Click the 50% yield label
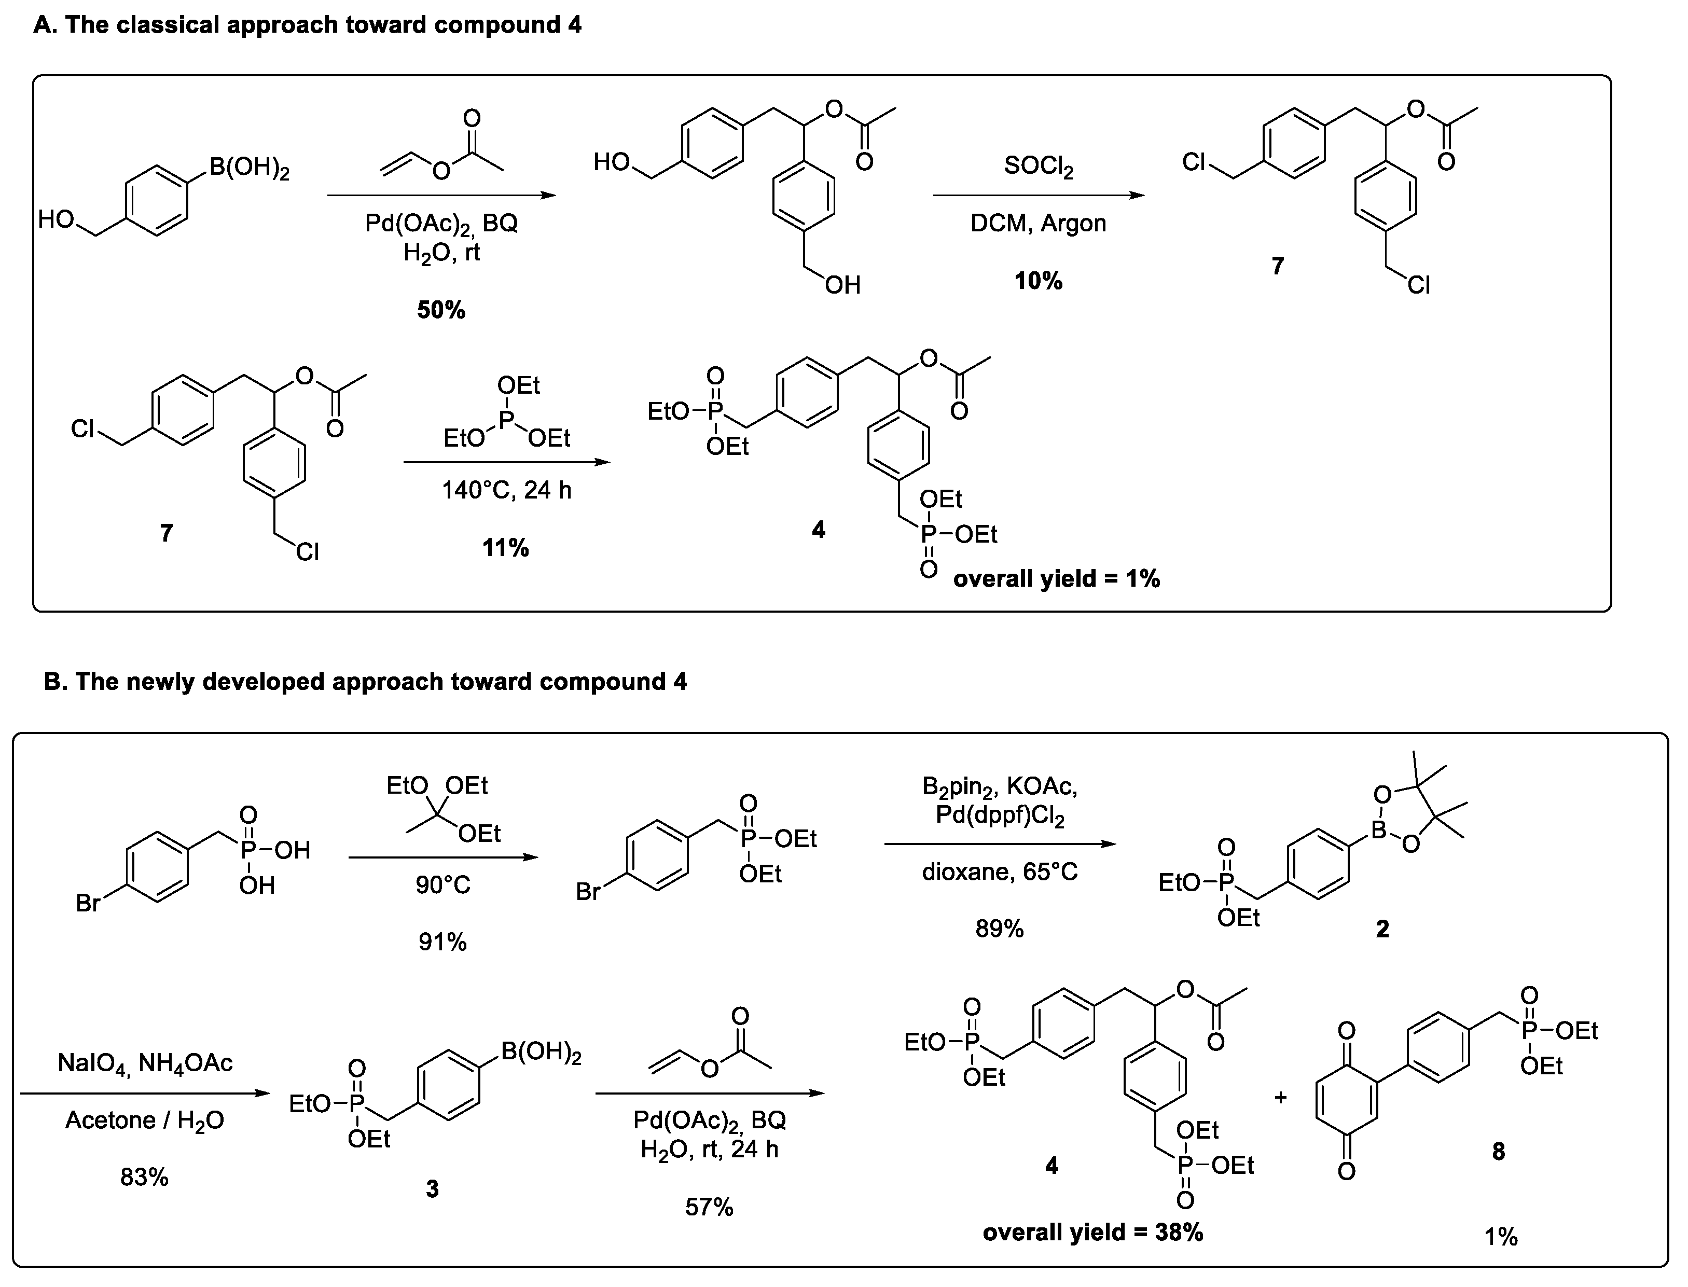(441, 310)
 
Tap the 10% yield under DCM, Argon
(1038, 281)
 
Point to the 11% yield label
(505, 548)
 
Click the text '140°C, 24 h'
(506, 490)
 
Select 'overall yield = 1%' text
(1056, 578)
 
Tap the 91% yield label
(442, 942)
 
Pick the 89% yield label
(1000, 929)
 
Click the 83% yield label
(144, 1177)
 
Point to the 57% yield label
(709, 1207)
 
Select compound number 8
(1499, 1152)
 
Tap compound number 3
(432, 1189)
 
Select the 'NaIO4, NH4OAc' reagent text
(145, 1063)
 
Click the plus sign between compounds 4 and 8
(1281, 1098)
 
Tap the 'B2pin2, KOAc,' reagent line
(1000, 787)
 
